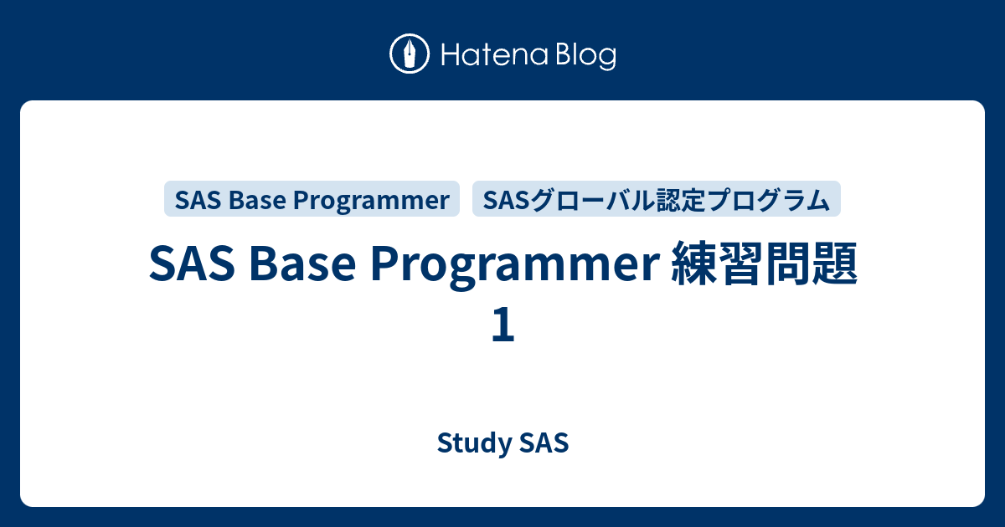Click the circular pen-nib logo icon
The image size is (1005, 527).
(410, 55)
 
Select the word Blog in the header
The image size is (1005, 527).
(583, 56)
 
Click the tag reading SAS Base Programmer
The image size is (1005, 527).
(312, 200)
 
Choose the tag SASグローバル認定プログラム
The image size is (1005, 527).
(657, 200)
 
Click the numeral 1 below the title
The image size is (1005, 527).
(502, 325)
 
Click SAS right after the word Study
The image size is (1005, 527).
(544, 443)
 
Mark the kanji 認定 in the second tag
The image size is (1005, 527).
(688, 200)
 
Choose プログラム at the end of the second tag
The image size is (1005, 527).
(770, 200)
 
